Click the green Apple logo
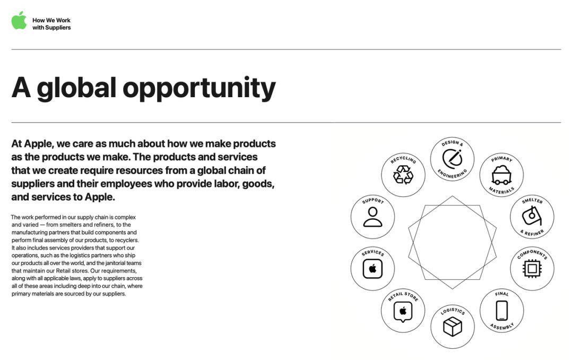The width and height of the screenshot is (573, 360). pyautogui.click(x=19, y=21)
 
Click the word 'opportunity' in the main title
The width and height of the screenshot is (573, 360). pyautogui.click(x=199, y=88)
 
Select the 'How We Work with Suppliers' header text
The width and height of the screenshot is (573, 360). pyautogui.click(x=51, y=24)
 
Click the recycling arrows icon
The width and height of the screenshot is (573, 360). pyautogui.click(x=403, y=175)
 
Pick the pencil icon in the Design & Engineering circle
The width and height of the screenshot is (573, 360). pyautogui.click(x=453, y=158)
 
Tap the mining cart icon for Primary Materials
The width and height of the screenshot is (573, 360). pyautogui.click(x=501, y=175)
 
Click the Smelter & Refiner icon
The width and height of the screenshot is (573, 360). pyautogui.click(x=532, y=216)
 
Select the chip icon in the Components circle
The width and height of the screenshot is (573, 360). pyautogui.click(x=532, y=269)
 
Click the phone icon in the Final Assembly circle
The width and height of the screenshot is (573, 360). pyautogui.click(x=502, y=310)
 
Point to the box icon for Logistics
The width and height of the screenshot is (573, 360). pyautogui.click(x=453, y=327)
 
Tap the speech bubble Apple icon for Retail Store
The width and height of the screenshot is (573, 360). pyautogui.click(x=403, y=312)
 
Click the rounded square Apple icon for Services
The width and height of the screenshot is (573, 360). pyautogui.click(x=373, y=269)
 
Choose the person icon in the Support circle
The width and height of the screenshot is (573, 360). pyautogui.click(x=373, y=217)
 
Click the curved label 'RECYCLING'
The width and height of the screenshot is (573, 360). pyautogui.click(x=403, y=159)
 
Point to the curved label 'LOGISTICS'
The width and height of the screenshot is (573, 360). pyautogui.click(x=453, y=311)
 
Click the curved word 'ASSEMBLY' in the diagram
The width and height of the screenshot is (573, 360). pyautogui.click(x=502, y=327)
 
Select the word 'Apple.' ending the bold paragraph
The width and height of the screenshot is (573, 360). pyautogui.click(x=100, y=197)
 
